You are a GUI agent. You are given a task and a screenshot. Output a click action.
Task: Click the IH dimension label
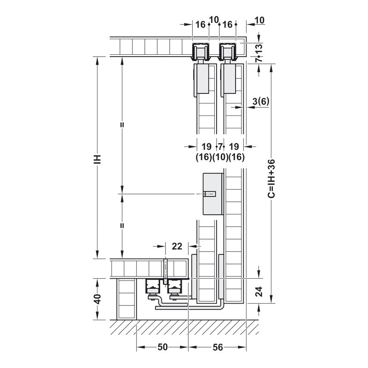98,159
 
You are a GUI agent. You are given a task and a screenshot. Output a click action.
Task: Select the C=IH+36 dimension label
271,178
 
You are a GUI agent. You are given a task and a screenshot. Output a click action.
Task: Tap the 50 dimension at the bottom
163,347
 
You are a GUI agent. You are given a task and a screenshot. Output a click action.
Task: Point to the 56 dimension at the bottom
218,347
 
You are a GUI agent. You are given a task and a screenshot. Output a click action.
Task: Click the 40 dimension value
98,299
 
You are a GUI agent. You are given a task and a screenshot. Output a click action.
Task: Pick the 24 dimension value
259,292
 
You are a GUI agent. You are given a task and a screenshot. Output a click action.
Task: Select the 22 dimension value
177,246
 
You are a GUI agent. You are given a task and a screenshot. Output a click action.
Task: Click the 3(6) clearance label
261,101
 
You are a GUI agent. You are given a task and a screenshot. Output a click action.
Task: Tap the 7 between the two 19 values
220,147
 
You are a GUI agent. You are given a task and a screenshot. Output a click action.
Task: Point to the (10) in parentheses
220,157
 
